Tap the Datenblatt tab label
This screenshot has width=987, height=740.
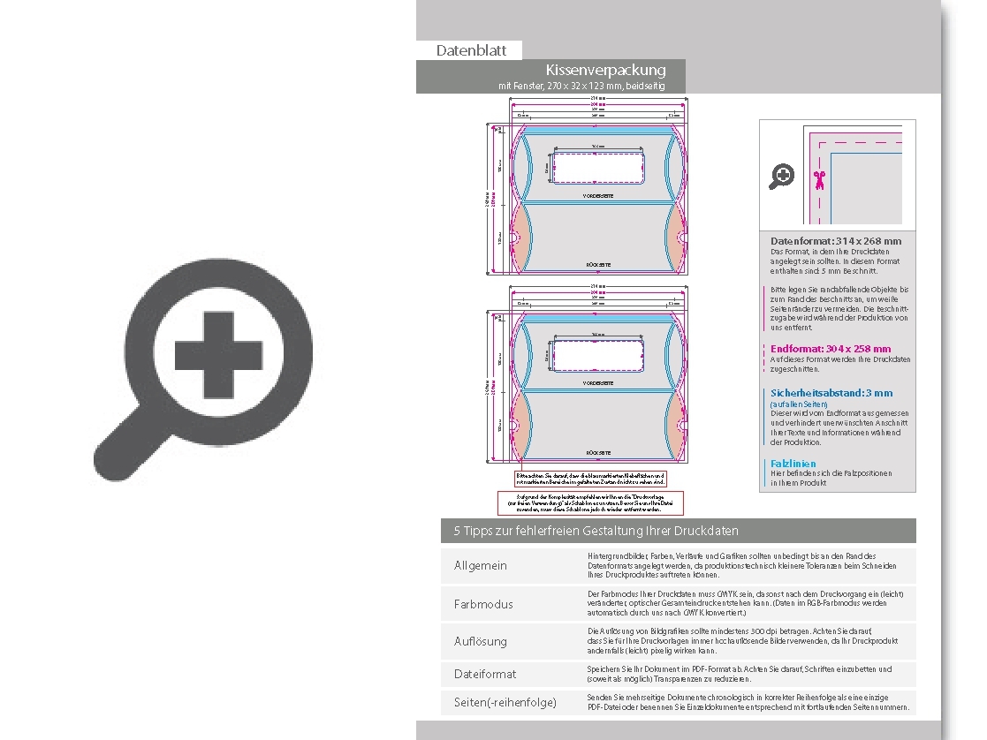click(471, 50)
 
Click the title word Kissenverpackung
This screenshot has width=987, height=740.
click(605, 70)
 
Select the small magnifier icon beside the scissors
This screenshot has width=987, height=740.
click(781, 177)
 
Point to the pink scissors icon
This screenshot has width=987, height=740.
click(819, 180)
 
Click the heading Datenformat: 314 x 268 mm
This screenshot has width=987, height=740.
click(835, 241)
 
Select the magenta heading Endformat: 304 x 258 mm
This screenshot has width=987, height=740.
click(830, 349)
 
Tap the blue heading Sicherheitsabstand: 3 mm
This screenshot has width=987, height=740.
click(831, 393)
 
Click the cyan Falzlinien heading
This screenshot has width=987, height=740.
click(793, 464)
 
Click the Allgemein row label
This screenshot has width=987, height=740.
click(480, 565)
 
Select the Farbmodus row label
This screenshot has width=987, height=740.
click(482, 604)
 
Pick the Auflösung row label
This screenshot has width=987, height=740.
click(480, 641)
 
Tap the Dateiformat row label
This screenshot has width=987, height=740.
click(484, 674)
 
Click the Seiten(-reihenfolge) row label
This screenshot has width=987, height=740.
click(505, 702)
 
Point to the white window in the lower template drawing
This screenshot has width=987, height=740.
click(598, 354)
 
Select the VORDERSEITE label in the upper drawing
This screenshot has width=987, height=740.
click(598, 195)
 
